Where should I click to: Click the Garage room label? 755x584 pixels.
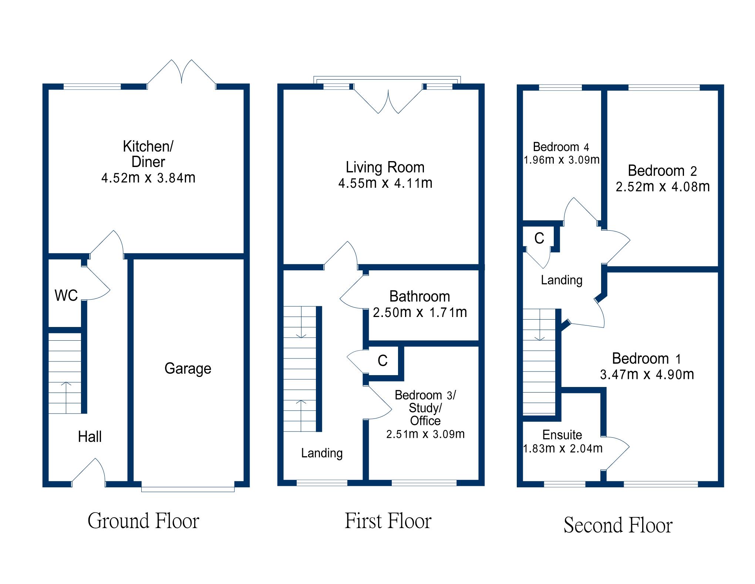pyautogui.click(x=188, y=369)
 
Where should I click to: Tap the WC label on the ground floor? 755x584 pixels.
pyautogui.click(x=66, y=296)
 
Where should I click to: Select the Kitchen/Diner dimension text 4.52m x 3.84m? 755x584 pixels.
pyautogui.click(x=148, y=178)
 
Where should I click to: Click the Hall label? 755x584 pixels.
pyautogui.click(x=90, y=437)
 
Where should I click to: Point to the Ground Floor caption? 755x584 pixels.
pyautogui.click(x=144, y=521)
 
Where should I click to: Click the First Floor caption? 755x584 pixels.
pyautogui.click(x=388, y=521)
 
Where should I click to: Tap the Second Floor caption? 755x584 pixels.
pyautogui.click(x=618, y=525)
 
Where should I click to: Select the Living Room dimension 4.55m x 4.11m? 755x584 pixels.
pyautogui.click(x=385, y=183)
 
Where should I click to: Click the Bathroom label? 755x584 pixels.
pyautogui.click(x=419, y=297)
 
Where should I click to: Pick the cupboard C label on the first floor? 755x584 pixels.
pyautogui.click(x=382, y=361)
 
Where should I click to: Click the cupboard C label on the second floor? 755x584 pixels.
pyautogui.click(x=539, y=238)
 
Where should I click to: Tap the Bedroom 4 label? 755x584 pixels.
pyautogui.click(x=561, y=147)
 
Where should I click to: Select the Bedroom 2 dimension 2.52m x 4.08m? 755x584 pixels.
pyautogui.click(x=663, y=187)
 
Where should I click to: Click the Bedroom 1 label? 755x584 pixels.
pyautogui.click(x=647, y=358)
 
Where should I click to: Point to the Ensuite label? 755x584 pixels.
pyautogui.click(x=562, y=435)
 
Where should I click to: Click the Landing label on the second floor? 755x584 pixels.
pyautogui.click(x=562, y=280)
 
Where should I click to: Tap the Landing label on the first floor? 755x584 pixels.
pyautogui.click(x=322, y=453)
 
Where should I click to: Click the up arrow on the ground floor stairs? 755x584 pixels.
pyautogui.click(x=66, y=396)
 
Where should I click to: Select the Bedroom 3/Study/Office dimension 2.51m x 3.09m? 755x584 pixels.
pyautogui.click(x=425, y=434)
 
